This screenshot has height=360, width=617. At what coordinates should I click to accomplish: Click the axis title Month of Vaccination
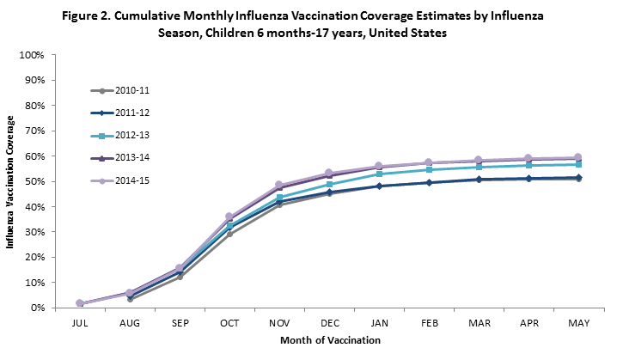point(328,341)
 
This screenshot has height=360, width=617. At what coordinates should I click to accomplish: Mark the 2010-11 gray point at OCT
point(229,234)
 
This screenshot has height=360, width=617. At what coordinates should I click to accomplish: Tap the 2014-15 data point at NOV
point(278,185)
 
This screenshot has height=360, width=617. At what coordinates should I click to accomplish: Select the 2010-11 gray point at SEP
point(180,277)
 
